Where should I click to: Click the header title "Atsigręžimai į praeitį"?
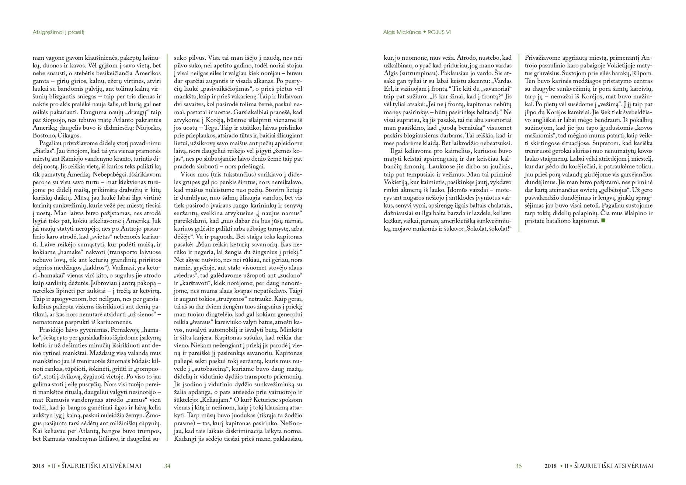(x=58, y=32)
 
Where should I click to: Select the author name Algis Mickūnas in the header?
(x=402, y=32)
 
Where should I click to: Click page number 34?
(x=167, y=466)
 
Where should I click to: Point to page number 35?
(x=518, y=466)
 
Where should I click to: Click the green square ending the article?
(x=603, y=221)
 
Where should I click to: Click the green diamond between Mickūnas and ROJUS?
(x=424, y=32)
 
